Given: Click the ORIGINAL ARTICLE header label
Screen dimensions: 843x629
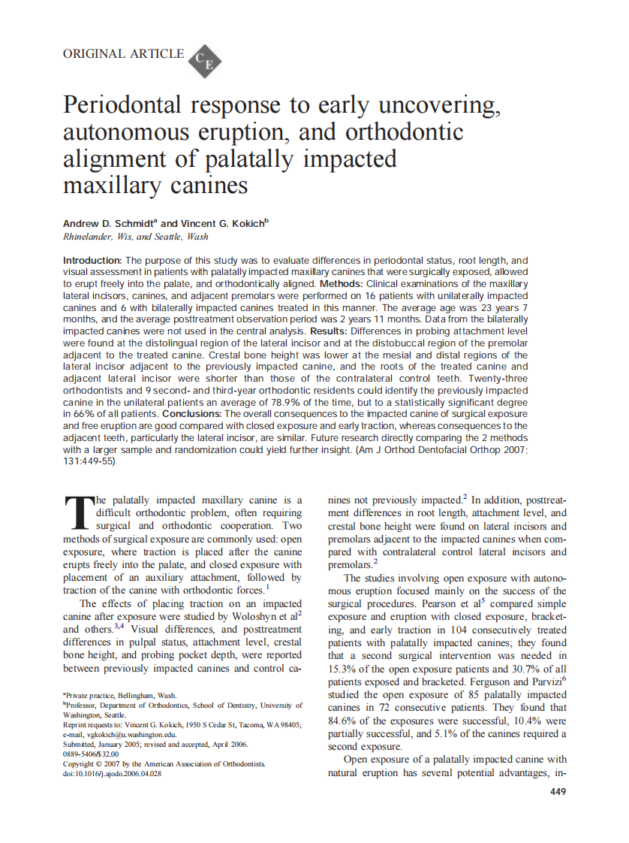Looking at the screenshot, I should (123, 53).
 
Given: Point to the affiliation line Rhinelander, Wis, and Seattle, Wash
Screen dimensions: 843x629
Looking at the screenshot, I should (135, 236).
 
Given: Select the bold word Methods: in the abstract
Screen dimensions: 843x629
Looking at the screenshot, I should (342, 284).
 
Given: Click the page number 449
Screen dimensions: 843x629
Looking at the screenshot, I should (558, 791).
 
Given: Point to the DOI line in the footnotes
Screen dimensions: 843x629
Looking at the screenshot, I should (112, 773).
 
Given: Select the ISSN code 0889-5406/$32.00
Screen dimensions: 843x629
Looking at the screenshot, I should (91, 754).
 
